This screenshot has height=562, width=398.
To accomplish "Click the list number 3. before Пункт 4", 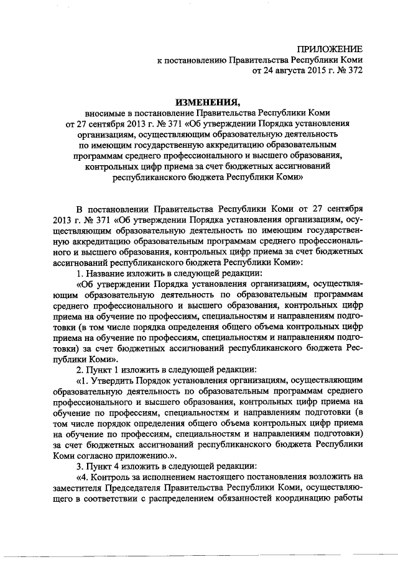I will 79,465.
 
